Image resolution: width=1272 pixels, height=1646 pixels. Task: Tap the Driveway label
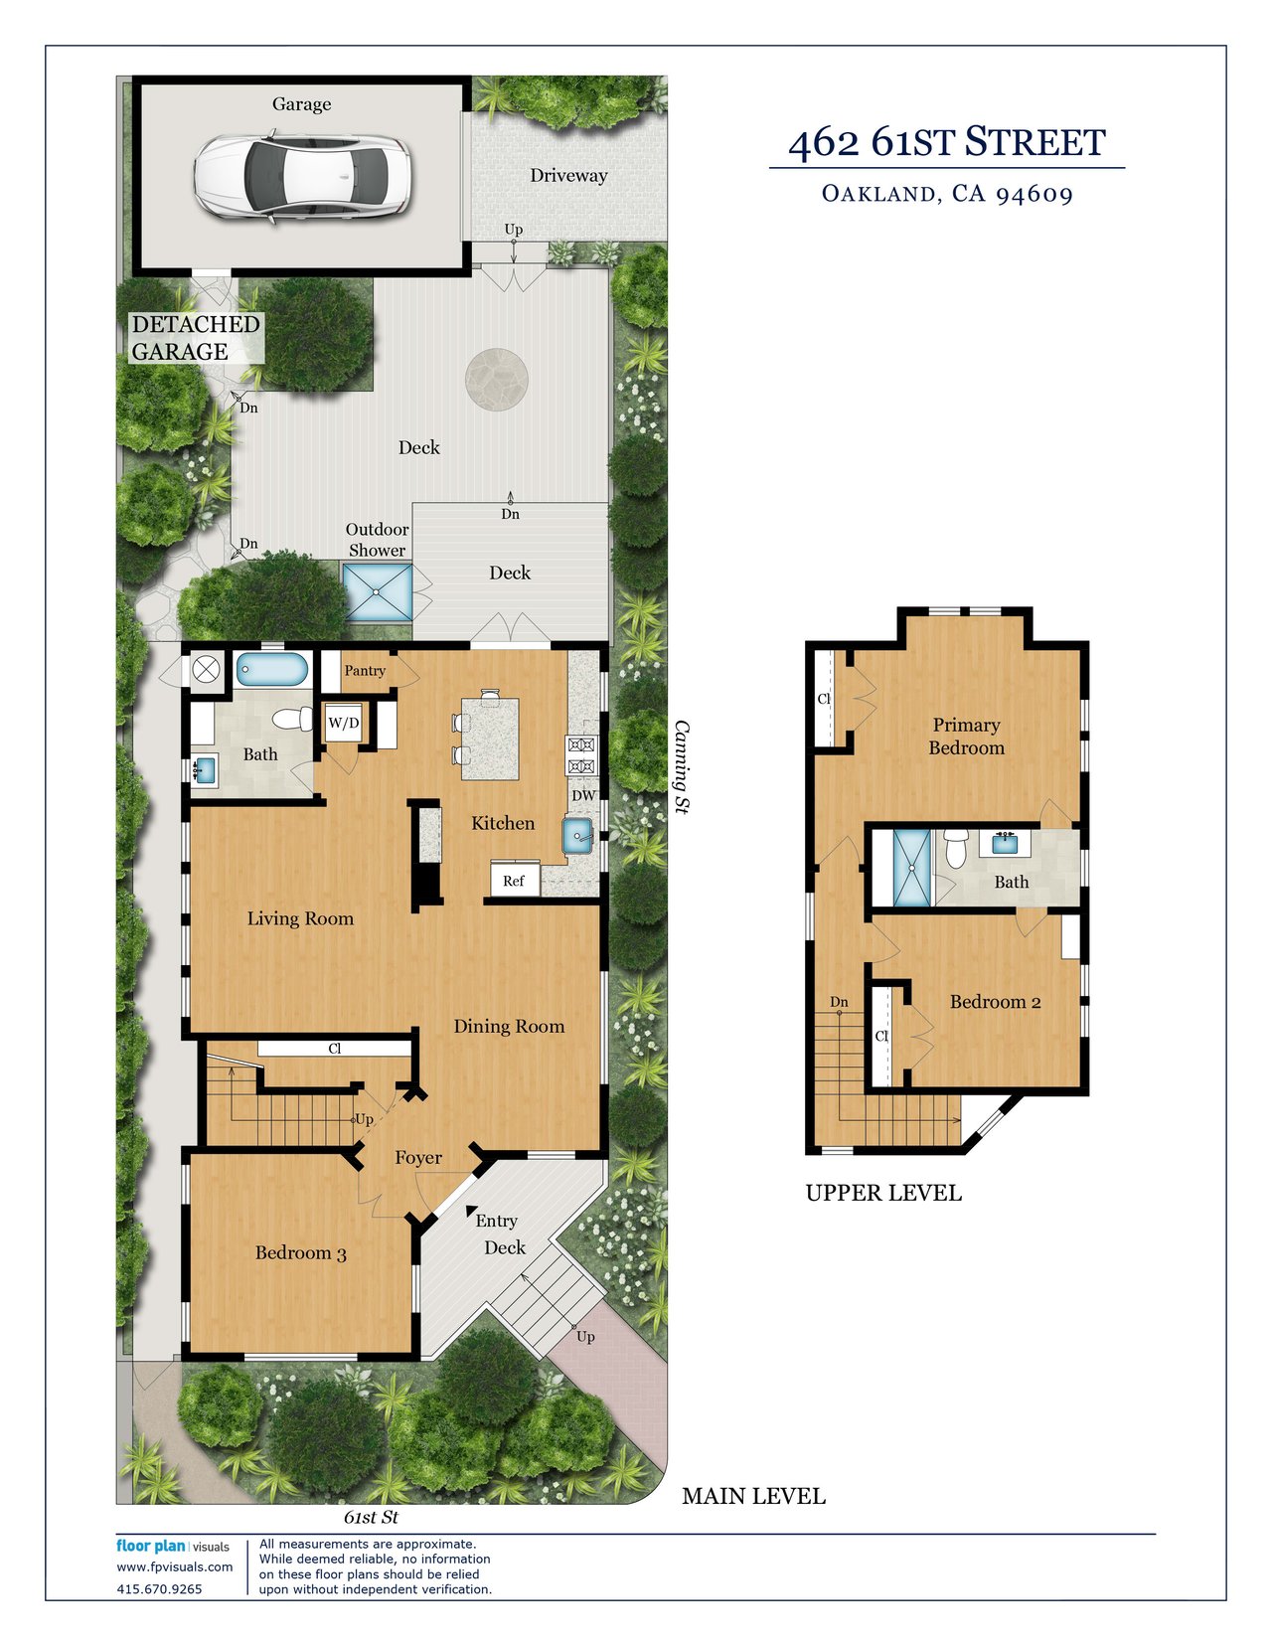tap(568, 176)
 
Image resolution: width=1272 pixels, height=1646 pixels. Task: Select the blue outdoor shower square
tap(378, 592)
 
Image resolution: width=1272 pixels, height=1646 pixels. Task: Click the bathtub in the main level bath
tap(272, 670)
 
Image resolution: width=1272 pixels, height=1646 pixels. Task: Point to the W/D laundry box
tap(343, 723)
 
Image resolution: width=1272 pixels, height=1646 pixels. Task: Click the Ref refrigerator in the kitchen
tap(514, 881)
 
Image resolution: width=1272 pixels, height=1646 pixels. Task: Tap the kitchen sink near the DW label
tap(580, 835)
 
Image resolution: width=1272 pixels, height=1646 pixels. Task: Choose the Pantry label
tap(365, 670)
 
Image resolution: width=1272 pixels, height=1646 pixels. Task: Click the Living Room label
tap(300, 918)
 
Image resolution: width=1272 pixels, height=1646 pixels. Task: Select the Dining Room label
tap(510, 1027)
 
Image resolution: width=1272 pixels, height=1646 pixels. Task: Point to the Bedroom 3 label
tap(300, 1252)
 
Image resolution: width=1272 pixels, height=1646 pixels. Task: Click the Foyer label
tap(418, 1157)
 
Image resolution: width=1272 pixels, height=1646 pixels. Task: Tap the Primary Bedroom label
tap(967, 737)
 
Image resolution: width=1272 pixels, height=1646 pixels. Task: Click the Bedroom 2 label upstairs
tap(996, 1002)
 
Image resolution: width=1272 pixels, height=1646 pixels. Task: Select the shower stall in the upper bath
tap(912, 868)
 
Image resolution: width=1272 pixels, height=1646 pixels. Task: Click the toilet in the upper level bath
tap(956, 849)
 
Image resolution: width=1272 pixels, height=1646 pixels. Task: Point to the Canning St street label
tap(682, 766)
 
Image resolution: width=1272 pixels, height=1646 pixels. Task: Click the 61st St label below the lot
tap(371, 1517)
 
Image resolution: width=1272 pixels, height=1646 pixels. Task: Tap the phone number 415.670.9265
tap(159, 1589)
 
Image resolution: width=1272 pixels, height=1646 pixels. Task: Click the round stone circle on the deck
tap(497, 380)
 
